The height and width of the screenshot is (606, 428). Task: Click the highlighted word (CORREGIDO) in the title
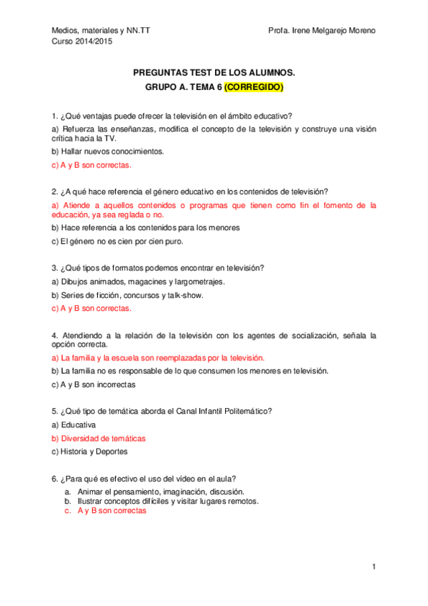point(254,88)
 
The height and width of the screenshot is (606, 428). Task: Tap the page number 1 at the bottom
point(373,567)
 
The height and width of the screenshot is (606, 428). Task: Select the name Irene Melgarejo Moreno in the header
point(332,31)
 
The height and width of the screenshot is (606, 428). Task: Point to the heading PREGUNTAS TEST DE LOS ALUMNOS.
point(214,73)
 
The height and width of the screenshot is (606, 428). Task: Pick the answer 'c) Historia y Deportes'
point(91,452)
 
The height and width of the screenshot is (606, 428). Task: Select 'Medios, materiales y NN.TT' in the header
point(101,31)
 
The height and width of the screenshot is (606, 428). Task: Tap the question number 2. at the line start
point(55,192)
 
